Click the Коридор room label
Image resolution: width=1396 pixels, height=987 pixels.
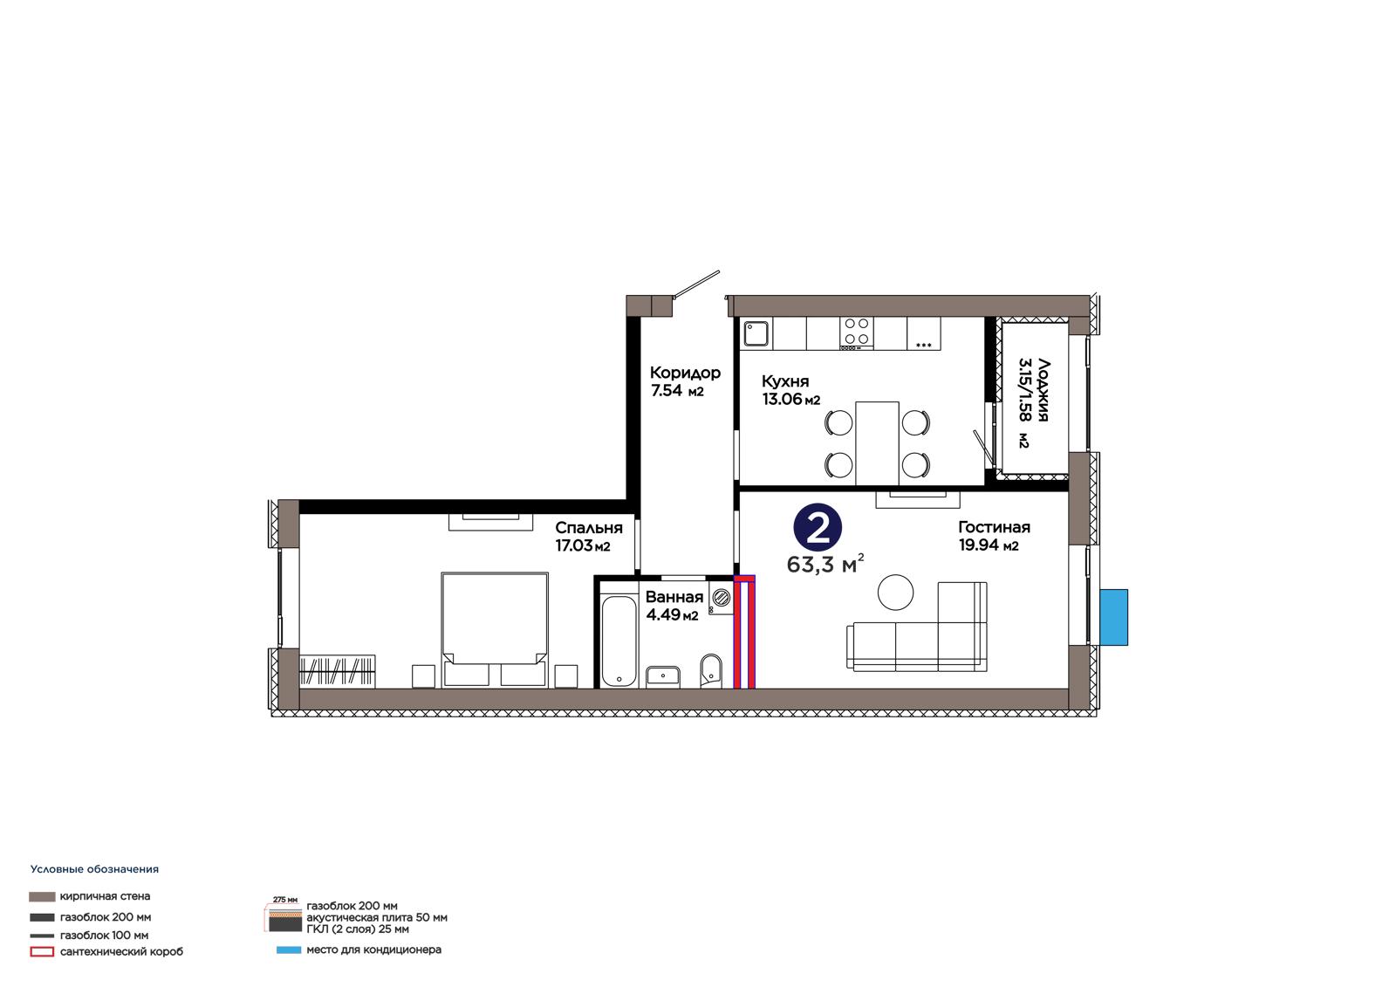[x=685, y=373]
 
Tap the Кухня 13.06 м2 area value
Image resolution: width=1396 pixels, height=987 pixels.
[x=790, y=399]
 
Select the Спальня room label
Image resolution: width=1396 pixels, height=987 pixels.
[x=589, y=527]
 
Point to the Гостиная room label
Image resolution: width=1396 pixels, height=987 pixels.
[x=994, y=527]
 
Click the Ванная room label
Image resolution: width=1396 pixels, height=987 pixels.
[x=674, y=597]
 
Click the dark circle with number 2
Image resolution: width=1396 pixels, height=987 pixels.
[x=818, y=528]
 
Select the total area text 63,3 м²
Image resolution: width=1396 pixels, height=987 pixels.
[x=825, y=564]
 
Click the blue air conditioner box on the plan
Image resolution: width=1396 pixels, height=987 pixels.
[x=1113, y=617]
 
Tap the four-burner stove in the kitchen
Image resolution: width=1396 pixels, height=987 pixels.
[x=856, y=333]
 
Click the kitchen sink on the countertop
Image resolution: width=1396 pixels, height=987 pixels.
[x=756, y=333]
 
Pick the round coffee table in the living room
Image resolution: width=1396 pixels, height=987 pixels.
[x=895, y=593]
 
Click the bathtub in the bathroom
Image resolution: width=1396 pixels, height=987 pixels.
[x=619, y=641]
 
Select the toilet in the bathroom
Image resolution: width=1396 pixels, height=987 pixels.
[x=710, y=670]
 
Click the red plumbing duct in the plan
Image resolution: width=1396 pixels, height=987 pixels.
[x=744, y=632]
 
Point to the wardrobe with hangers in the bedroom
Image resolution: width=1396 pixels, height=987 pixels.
[x=337, y=671]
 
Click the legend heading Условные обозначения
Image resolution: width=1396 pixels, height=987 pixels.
[x=95, y=869]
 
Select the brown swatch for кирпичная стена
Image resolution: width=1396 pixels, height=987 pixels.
[x=42, y=896]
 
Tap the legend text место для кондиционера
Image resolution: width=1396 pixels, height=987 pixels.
[x=374, y=949]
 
